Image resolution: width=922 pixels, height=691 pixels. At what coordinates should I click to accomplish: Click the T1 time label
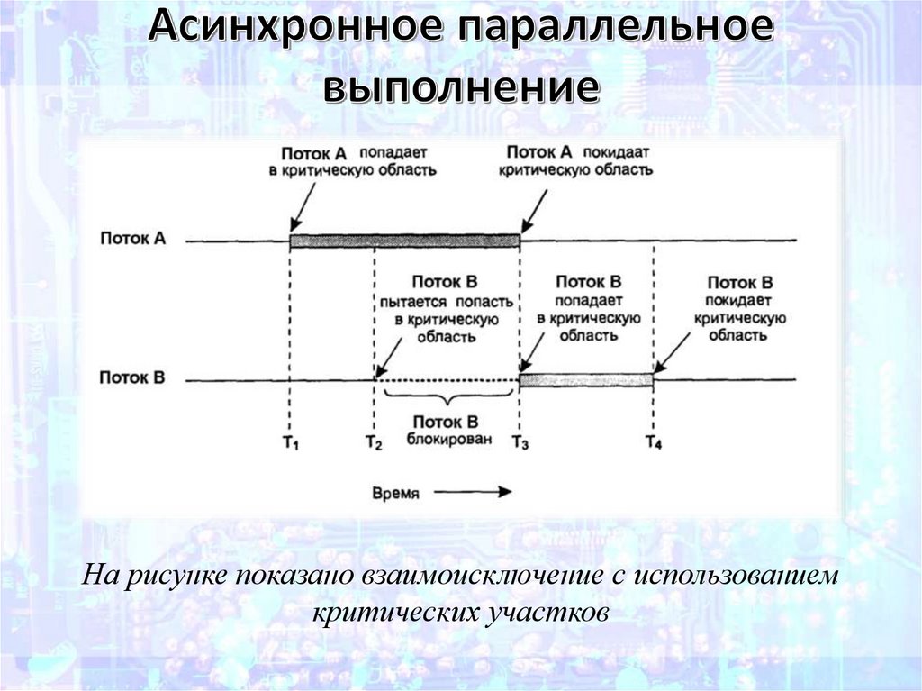[x=290, y=442]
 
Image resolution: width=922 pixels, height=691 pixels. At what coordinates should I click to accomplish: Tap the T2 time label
[x=374, y=442]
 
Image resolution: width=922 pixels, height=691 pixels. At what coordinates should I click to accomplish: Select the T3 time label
[x=520, y=442]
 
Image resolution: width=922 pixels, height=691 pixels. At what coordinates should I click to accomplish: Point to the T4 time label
[x=654, y=442]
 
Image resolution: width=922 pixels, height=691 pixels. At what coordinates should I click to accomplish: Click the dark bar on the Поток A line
[x=404, y=241]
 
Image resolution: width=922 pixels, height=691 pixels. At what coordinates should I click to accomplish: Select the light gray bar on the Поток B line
[x=586, y=380]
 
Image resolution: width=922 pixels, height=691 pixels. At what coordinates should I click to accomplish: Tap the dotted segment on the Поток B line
[x=447, y=381]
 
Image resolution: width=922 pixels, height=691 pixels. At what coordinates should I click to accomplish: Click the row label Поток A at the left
[x=132, y=239]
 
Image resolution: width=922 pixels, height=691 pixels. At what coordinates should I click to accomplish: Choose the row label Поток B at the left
[x=132, y=378]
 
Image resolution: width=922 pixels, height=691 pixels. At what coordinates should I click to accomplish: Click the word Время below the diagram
[x=395, y=493]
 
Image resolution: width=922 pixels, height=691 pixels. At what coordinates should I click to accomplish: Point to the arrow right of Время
[x=478, y=492]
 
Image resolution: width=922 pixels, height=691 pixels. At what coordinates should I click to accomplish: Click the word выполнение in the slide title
[x=461, y=90]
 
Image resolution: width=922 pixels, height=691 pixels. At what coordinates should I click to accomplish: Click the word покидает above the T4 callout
[x=740, y=301]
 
